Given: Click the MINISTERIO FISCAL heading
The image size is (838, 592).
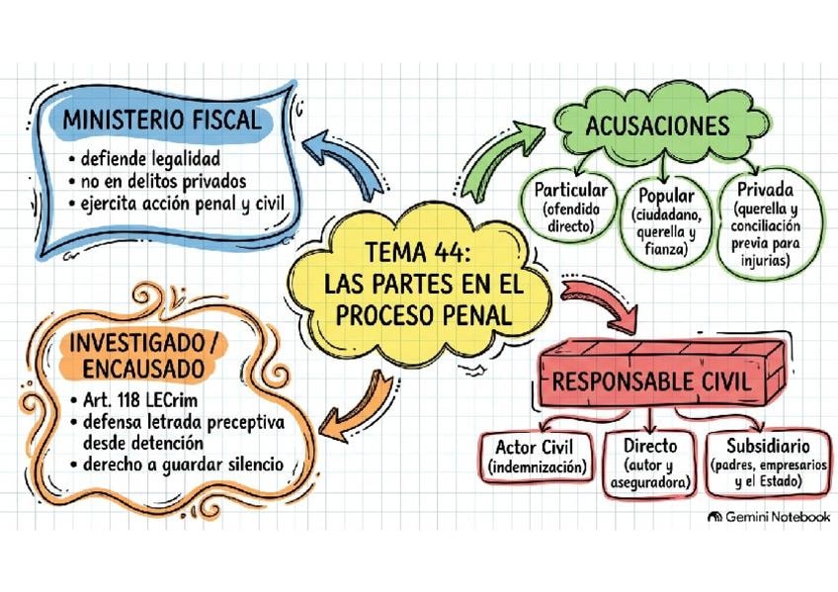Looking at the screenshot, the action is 162,120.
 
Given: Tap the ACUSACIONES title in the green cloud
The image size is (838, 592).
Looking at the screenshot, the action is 657,126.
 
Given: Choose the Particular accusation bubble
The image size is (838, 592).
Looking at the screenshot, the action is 570,207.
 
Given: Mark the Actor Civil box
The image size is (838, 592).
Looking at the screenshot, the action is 538,456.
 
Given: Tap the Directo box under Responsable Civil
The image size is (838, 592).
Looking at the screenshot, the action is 650,464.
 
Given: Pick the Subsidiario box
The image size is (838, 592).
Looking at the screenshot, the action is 769,463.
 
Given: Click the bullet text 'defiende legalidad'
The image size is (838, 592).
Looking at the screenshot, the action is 150,159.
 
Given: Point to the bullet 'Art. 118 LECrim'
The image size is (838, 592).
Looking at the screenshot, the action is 140,399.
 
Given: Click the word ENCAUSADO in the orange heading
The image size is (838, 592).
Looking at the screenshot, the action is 143,369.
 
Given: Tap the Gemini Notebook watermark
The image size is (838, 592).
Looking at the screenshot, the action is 769,517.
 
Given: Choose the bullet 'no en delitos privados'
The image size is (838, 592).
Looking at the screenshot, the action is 163,182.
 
